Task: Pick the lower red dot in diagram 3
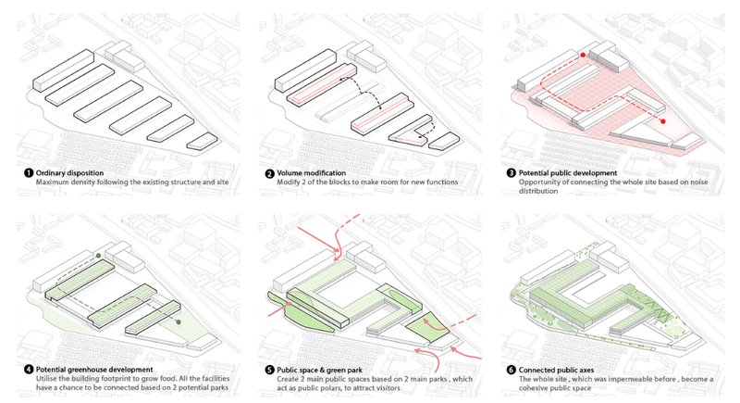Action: tap(662, 120)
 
